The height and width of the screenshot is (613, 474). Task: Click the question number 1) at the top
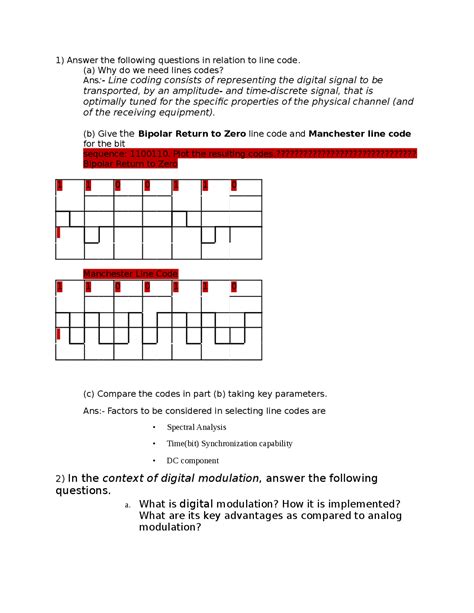(x=59, y=60)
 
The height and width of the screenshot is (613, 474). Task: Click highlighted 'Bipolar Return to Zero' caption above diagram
(x=129, y=164)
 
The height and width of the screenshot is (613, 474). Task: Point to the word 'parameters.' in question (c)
(x=298, y=394)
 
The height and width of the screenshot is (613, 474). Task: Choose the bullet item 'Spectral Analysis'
(x=196, y=427)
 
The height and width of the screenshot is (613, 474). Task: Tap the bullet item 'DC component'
(x=192, y=460)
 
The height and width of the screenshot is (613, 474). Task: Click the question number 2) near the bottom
(x=60, y=479)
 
